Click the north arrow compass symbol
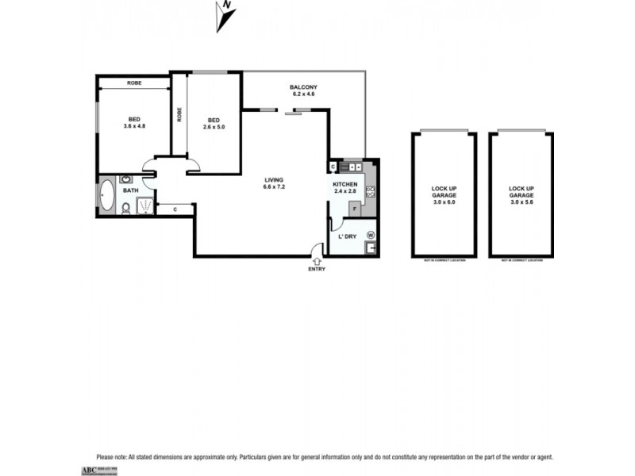click(x=225, y=16)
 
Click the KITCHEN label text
click(x=344, y=184)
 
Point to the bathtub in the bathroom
click(x=106, y=195)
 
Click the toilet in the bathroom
click(x=125, y=209)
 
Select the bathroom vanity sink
click(x=126, y=180)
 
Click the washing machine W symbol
click(x=370, y=234)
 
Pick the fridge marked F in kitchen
click(x=354, y=209)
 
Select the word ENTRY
click(x=317, y=269)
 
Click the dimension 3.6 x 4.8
click(x=134, y=126)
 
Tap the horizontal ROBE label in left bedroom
click(x=133, y=82)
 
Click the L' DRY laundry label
click(x=346, y=237)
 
